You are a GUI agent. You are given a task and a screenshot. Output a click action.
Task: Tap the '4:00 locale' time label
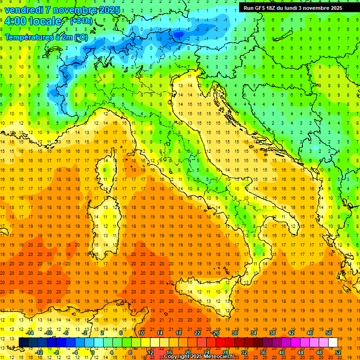click(33, 21)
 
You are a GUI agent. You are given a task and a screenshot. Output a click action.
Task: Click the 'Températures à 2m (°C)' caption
click(46, 37)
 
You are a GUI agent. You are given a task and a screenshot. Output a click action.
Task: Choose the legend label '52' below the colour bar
click(338, 352)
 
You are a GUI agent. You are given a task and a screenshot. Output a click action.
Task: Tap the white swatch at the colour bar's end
click(333, 342)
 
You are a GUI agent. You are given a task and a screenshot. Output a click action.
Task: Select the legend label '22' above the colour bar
click(197, 333)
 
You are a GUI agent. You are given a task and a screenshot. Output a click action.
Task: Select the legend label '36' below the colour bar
click(263, 352)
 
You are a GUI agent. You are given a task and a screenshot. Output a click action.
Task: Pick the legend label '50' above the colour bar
click(328, 333)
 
